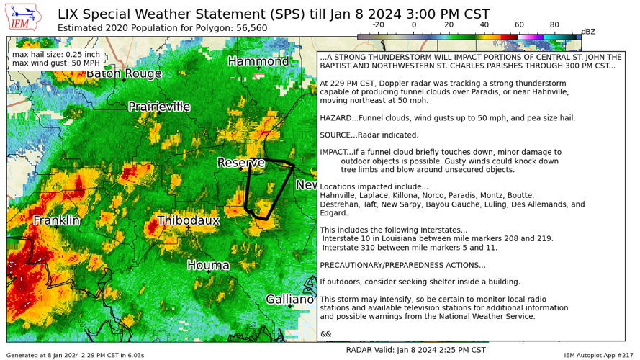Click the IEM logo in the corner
click(x=23, y=19)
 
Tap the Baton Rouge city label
click(x=124, y=73)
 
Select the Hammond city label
click(x=258, y=61)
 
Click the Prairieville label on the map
click(x=159, y=107)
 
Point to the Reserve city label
click(x=241, y=163)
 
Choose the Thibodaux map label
click(x=188, y=220)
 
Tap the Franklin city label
click(x=57, y=220)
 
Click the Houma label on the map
click(x=208, y=265)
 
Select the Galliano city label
click(x=289, y=299)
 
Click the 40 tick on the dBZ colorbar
click(x=484, y=24)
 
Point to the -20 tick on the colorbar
click(x=377, y=24)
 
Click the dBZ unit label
click(x=588, y=31)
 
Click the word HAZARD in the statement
click(x=337, y=117)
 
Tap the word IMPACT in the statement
click(x=335, y=152)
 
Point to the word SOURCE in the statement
click(x=337, y=135)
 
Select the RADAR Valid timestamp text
click(x=415, y=350)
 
